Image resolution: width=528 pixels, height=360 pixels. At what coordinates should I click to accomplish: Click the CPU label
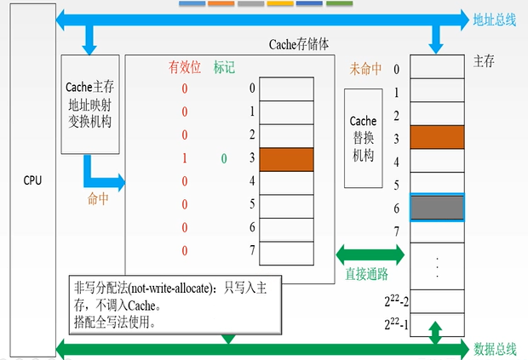click(x=32, y=180)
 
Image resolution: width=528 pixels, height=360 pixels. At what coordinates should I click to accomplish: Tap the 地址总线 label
click(x=494, y=20)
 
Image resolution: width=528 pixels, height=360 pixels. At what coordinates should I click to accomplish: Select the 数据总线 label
click(x=495, y=349)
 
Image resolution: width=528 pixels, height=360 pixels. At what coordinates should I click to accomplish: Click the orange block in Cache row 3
click(x=286, y=159)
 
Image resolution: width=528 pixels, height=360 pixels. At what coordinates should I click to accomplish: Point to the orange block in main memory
click(x=437, y=137)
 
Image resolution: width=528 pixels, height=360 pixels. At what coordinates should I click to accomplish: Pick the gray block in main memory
click(x=437, y=208)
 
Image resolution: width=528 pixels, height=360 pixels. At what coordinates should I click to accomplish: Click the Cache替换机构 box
click(x=364, y=138)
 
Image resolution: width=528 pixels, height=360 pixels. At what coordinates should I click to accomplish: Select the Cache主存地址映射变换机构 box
click(x=90, y=105)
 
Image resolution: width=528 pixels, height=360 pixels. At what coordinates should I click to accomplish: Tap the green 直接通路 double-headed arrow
click(x=370, y=254)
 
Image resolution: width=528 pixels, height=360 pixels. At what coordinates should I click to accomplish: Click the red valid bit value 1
click(x=185, y=158)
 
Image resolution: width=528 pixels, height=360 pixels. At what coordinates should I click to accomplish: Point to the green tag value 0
click(x=224, y=159)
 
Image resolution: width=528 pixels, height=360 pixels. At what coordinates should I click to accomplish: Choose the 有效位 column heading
click(x=185, y=67)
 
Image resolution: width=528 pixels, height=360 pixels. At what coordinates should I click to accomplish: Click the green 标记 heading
click(x=224, y=67)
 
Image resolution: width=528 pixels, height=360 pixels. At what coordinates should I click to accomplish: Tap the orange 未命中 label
click(x=365, y=69)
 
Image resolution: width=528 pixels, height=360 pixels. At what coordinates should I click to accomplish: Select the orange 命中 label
click(x=98, y=199)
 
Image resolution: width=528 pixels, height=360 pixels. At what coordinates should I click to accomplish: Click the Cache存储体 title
click(x=299, y=44)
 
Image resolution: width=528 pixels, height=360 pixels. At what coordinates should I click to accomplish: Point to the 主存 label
click(x=484, y=61)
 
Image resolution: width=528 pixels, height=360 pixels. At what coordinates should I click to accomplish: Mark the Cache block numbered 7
click(x=286, y=254)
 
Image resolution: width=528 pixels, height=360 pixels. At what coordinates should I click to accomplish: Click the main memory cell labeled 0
click(x=437, y=66)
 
